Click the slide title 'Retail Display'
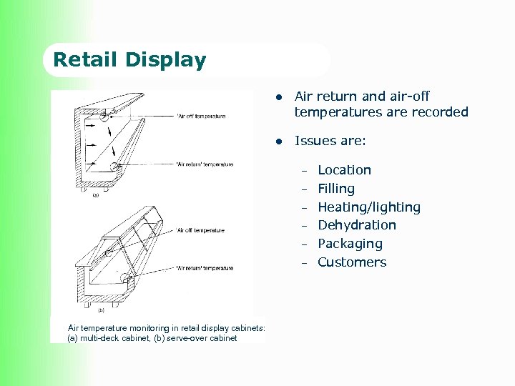point(129,60)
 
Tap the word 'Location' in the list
point(344,170)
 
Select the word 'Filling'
point(336,189)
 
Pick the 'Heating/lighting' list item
point(368,207)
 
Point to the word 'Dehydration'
point(356,225)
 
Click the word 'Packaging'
point(350,244)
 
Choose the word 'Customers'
point(351,262)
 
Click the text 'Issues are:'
point(330,142)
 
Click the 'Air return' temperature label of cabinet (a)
point(205,164)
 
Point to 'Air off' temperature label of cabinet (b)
point(200,230)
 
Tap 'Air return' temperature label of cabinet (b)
point(205,268)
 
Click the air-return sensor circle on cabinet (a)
point(115,167)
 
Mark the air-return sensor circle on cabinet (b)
point(128,279)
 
